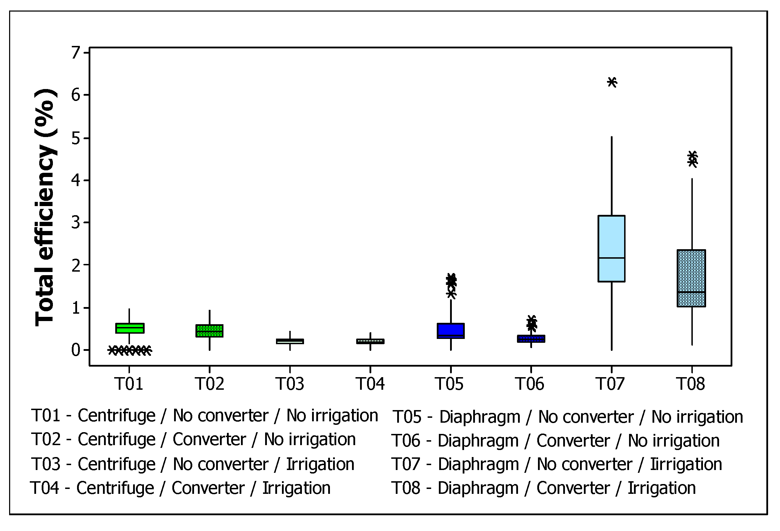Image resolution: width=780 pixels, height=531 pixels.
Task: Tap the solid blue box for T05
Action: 451,331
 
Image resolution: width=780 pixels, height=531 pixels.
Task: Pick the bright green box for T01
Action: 130,328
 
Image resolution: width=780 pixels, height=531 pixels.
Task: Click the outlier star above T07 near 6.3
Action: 612,82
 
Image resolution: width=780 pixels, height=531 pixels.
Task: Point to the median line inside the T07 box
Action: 612,258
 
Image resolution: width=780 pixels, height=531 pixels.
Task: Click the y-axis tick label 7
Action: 76,53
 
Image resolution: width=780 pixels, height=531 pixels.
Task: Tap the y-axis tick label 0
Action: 76,350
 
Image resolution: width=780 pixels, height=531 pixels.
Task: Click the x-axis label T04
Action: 370,384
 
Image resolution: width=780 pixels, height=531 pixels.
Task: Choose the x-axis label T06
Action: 530,384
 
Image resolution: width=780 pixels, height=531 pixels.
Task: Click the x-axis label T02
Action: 209,384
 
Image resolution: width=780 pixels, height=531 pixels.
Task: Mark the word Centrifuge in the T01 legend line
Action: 116,416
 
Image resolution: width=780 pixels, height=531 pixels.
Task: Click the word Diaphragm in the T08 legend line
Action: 478,488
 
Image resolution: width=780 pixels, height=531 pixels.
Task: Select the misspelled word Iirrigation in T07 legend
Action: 686,464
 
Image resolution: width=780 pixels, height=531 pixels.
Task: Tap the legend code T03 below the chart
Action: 46,464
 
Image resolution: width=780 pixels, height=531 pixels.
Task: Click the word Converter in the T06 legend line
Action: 573,441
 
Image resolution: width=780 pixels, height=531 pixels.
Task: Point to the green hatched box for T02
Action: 209,331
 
